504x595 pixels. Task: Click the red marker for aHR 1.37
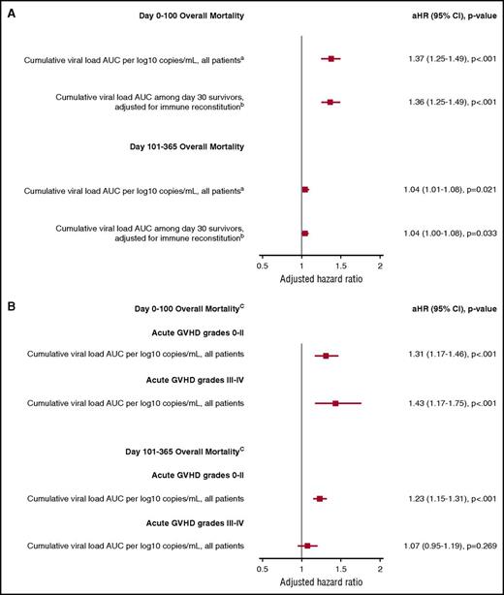coord(331,59)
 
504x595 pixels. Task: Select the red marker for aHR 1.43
coord(335,402)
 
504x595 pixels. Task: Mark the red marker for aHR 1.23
coord(320,498)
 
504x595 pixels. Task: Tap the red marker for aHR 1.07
coord(307,546)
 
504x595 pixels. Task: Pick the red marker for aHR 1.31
coord(326,356)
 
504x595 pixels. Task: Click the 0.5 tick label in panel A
coord(262,264)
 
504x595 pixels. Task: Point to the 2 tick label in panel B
coord(380,572)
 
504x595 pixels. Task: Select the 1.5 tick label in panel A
coord(340,264)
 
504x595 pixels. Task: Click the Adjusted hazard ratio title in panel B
coord(320,585)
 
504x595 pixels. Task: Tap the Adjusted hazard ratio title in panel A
coord(320,278)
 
